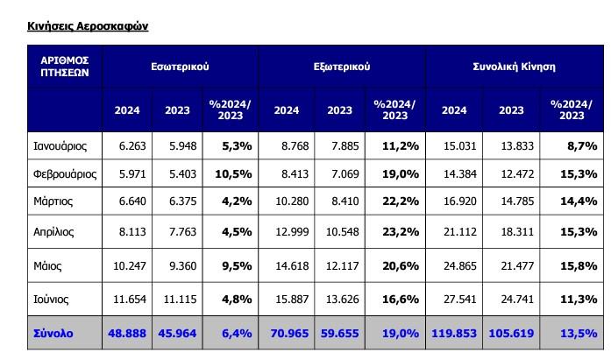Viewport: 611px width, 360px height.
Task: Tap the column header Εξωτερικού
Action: click(341, 67)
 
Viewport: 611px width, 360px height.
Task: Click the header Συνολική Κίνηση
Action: click(514, 67)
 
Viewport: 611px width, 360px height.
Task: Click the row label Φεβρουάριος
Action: click(64, 173)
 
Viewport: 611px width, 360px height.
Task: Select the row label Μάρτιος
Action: click(53, 201)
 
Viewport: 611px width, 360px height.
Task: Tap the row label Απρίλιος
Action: click(54, 232)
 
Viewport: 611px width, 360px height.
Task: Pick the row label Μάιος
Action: click(47, 265)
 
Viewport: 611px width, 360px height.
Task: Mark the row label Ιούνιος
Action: click(53, 300)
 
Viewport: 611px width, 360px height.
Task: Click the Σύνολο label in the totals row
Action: click(53, 334)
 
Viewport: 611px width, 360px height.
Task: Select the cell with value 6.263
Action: click(127, 145)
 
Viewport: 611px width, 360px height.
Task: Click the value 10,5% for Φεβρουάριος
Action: click(233, 173)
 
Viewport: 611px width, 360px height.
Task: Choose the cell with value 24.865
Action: click(454, 265)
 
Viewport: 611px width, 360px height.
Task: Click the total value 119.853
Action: click(454, 334)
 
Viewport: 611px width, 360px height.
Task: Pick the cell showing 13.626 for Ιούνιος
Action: click(340, 300)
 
